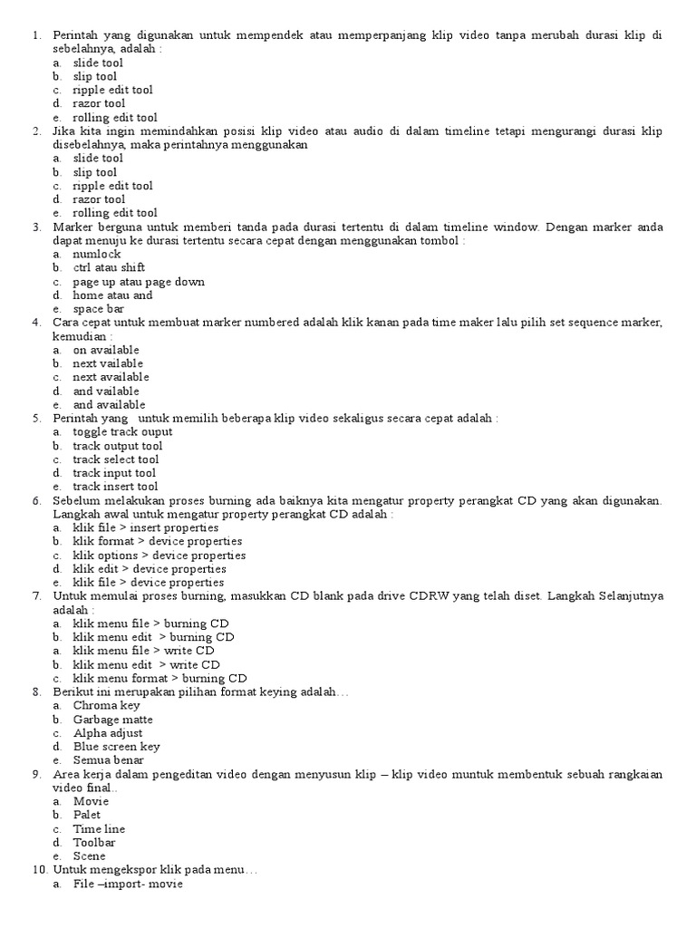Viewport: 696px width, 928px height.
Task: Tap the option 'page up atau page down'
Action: pyautogui.click(x=139, y=282)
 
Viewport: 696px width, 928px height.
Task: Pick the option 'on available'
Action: pyautogui.click(x=106, y=350)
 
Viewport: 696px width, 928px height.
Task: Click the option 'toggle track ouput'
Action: pyautogui.click(x=122, y=432)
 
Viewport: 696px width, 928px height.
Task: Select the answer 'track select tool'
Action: pyautogui.click(x=116, y=459)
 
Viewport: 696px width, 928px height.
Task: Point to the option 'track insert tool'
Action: pyautogui.click(x=115, y=487)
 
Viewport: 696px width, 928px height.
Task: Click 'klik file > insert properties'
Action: pyautogui.click(x=146, y=527)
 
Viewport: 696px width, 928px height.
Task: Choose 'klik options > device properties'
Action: pyautogui.click(x=159, y=556)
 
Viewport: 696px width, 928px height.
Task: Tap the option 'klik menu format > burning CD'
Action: pyautogui.click(x=160, y=678)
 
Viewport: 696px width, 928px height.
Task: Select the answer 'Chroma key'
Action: pyautogui.click(x=107, y=705)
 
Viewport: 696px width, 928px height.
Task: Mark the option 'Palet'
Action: pyautogui.click(x=88, y=815)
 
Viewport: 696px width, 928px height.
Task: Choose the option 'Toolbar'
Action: pyautogui.click(x=94, y=842)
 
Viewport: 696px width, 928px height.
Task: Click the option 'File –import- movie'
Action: pyautogui.click(x=128, y=884)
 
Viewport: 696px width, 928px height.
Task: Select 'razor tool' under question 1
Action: pyautogui.click(x=99, y=103)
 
